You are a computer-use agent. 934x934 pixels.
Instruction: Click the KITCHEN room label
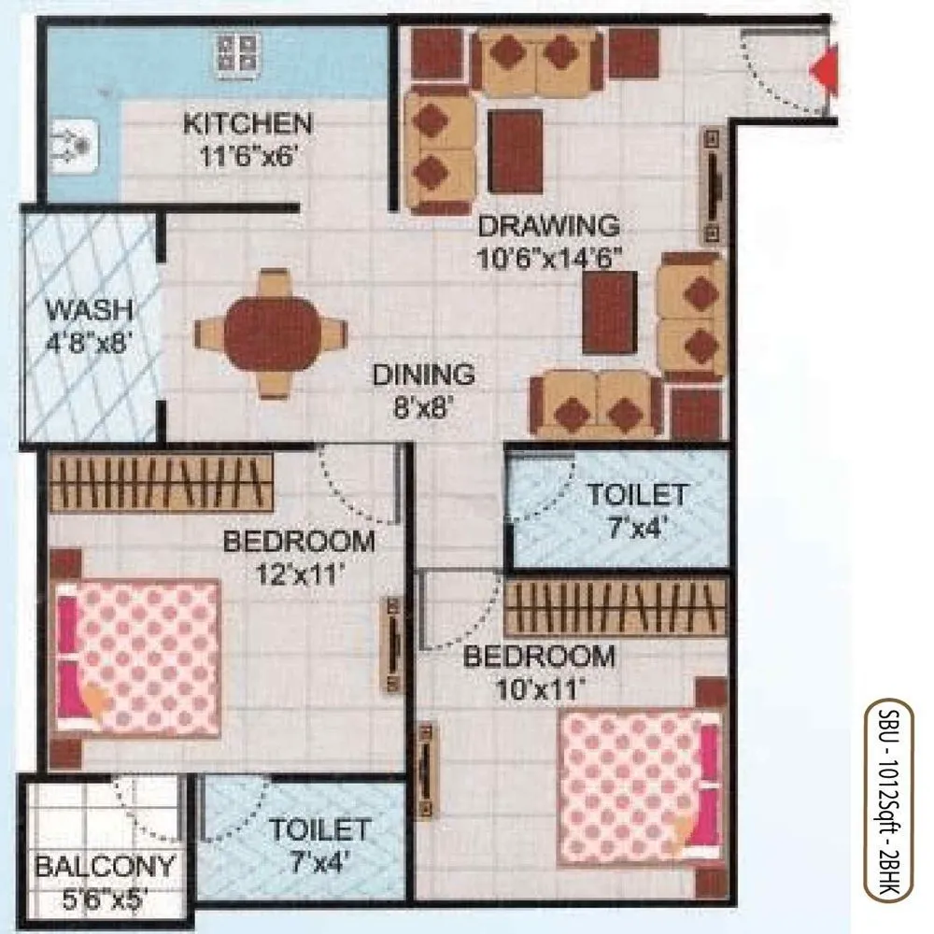point(247,123)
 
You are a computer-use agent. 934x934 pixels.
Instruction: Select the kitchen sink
point(72,145)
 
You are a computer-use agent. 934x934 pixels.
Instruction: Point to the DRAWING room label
point(548,226)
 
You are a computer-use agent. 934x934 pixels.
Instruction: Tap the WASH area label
point(90,308)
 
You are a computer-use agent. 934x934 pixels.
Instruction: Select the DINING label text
point(423,375)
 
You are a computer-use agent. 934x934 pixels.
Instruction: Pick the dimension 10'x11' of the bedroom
point(539,688)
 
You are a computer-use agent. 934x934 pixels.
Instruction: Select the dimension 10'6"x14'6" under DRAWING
point(548,258)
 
